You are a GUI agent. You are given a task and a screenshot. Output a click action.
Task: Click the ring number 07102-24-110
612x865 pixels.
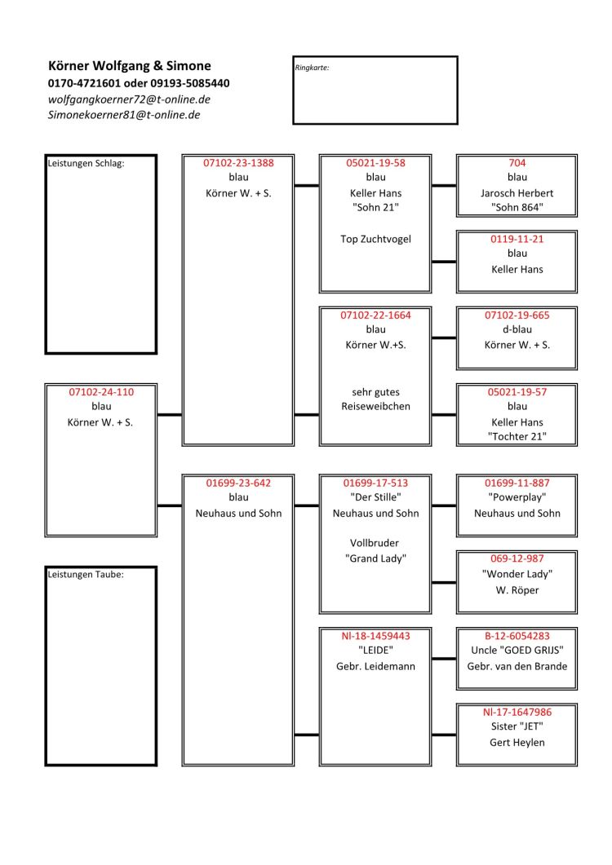tap(101, 391)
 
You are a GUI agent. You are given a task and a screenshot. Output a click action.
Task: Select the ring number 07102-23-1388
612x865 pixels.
tap(238, 163)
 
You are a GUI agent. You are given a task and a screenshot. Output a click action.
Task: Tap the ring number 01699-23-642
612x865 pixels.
tap(238, 483)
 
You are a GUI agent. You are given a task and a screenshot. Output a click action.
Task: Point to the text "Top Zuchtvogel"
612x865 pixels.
tap(375, 239)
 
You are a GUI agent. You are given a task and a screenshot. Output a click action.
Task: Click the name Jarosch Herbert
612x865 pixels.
tap(517, 193)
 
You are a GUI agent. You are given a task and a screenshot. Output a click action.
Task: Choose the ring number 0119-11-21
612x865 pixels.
tap(517, 239)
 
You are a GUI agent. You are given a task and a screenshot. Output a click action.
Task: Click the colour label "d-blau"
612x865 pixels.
tap(517, 329)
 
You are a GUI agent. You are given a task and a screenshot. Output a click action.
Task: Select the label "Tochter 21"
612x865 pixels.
tap(517, 436)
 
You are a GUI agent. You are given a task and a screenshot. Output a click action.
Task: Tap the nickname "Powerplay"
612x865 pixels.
tap(517, 497)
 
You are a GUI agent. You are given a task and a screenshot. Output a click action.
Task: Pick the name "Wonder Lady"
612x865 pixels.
tap(517, 574)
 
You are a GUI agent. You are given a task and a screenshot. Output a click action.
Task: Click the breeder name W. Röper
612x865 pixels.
tap(517, 589)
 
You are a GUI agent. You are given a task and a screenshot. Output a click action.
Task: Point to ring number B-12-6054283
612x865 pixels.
tap(517, 636)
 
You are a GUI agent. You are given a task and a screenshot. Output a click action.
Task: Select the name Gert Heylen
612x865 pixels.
tap(517, 743)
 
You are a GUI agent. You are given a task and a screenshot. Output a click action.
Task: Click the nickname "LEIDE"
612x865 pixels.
tap(375, 650)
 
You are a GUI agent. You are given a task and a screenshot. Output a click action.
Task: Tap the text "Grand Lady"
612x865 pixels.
tap(375, 558)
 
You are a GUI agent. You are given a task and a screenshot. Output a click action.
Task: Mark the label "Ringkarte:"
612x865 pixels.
tap(312, 68)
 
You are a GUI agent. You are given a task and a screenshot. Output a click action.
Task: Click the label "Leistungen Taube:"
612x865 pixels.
tap(86, 574)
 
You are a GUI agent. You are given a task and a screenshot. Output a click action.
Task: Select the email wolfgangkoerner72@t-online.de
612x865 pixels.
tap(129, 99)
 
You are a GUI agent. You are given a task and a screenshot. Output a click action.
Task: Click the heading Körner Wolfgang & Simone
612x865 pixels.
tap(129, 66)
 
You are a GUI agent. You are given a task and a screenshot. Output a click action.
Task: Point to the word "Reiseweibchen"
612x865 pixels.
tap(375, 406)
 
